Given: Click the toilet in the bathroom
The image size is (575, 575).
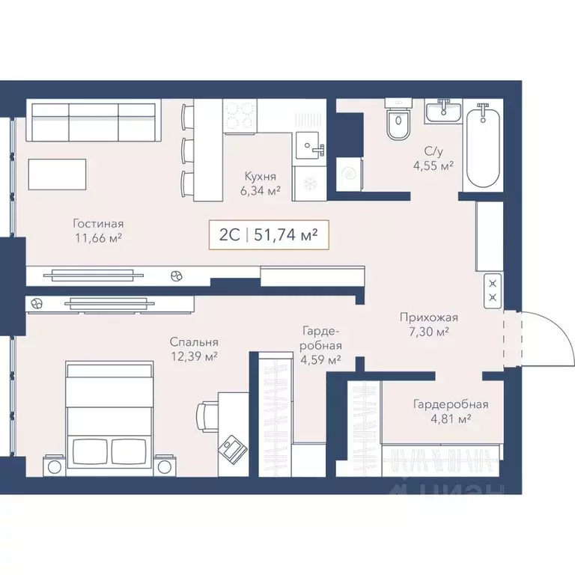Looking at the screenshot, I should [x=398, y=122].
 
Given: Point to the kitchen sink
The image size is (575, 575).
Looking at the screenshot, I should [x=309, y=145].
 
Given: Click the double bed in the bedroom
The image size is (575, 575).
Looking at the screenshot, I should [x=109, y=416].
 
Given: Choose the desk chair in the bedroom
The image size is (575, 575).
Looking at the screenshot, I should [x=207, y=416].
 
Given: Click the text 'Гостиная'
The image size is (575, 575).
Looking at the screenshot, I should [x=98, y=223].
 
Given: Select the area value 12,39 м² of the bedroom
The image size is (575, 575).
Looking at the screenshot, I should [x=193, y=357].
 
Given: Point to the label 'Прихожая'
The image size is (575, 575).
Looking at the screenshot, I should [x=427, y=317].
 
